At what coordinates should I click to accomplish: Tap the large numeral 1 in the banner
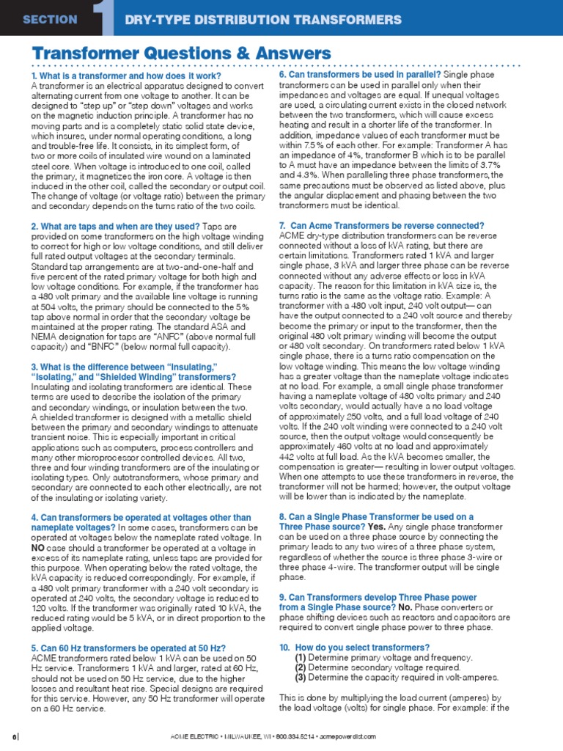click(x=104, y=18)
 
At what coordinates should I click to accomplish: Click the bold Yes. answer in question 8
click(x=376, y=527)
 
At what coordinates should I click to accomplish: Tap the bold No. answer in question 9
click(x=404, y=608)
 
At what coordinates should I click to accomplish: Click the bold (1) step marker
click(x=301, y=658)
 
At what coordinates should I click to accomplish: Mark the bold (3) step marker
click(x=301, y=678)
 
